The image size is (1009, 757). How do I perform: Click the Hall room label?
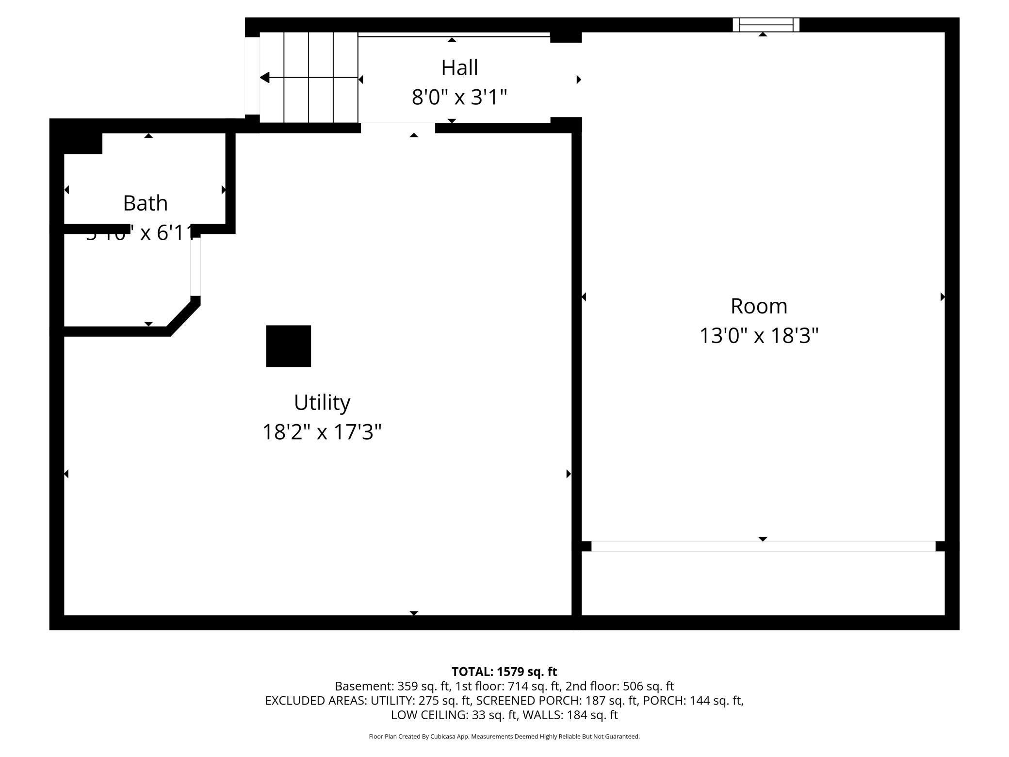[459, 67]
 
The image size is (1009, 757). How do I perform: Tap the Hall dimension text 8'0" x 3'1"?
[459, 97]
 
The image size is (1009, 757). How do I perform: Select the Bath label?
[145, 203]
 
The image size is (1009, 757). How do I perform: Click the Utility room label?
[322, 402]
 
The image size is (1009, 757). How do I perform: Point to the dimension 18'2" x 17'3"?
[322, 432]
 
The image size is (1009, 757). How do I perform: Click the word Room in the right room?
[759, 306]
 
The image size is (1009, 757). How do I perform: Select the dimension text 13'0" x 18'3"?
[759, 336]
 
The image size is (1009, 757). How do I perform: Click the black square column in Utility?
[288, 346]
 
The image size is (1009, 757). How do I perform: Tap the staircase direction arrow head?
[265, 78]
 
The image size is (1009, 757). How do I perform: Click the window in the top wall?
[765, 25]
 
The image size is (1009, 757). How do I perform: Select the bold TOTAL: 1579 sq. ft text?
[504, 672]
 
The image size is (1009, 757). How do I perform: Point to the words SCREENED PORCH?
[525, 700]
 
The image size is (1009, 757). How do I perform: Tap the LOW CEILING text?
[429, 715]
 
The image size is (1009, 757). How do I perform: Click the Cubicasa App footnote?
[504, 736]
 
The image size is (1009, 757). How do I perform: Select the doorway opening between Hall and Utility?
[398, 128]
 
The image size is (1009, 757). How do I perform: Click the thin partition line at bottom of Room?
[763, 546]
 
